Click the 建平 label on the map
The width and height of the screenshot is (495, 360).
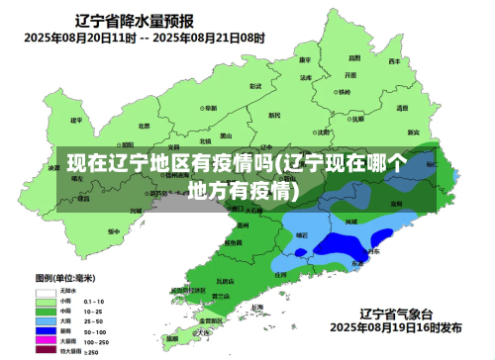pos(76,121)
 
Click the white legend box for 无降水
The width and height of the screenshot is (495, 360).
pos(46,292)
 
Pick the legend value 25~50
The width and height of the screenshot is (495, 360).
pos(94,320)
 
